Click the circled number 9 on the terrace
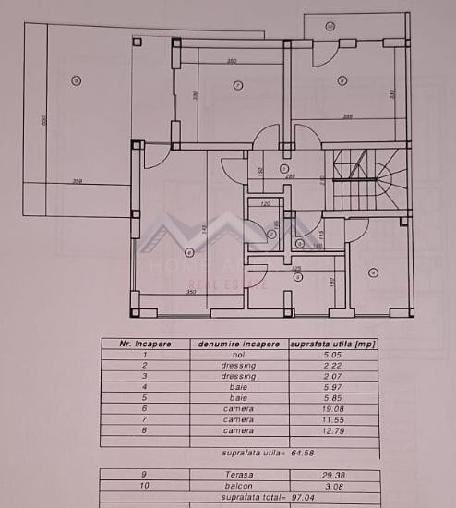(75, 82)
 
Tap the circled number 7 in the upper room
(237, 86)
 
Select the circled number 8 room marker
(342, 80)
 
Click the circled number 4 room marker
(373, 272)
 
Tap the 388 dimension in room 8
(348, 116)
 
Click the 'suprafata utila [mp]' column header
(333, 344)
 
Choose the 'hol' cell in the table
(238, 354)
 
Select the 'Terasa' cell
(238, 474)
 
